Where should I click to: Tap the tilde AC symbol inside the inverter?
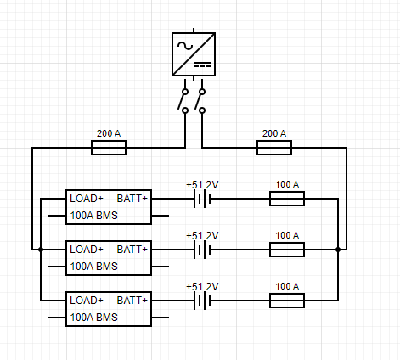(185, 46)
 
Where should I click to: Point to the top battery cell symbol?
(202, 199)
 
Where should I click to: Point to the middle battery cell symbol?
(202, 250)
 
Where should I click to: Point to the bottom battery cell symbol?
(202, 301)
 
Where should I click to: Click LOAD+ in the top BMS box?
(87, 199)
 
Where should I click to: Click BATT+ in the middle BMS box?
(132, 250)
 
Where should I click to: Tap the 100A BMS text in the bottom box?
(93, 318)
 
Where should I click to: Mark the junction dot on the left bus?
(41, 250)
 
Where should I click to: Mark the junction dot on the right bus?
(338, 250)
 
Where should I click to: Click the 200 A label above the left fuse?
(109, 133)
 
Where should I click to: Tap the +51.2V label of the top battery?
(202, 185)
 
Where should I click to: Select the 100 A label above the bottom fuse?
(287, 286)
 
